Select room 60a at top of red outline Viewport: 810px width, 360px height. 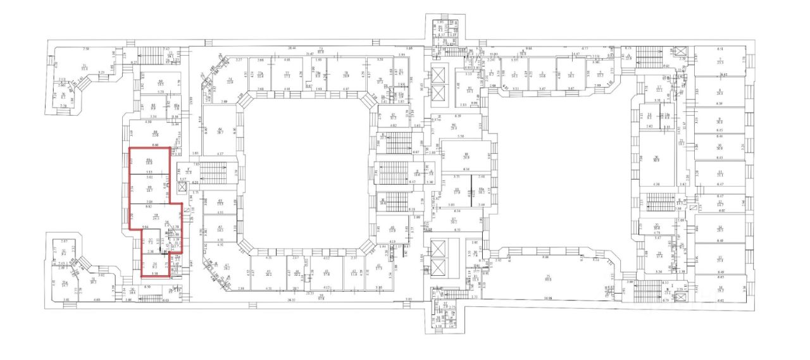point(150,161)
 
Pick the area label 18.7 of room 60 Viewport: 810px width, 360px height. point(150,190)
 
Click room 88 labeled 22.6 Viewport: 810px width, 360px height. point(156,133)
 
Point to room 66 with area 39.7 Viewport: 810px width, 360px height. point(221,130)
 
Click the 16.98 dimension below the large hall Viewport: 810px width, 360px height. point(547,298)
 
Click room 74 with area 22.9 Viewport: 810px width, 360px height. point(231,79)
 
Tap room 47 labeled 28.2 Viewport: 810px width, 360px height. point(226,266)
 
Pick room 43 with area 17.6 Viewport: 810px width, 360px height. point(327,273)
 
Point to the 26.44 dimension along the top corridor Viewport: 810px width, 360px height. point(292,48)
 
